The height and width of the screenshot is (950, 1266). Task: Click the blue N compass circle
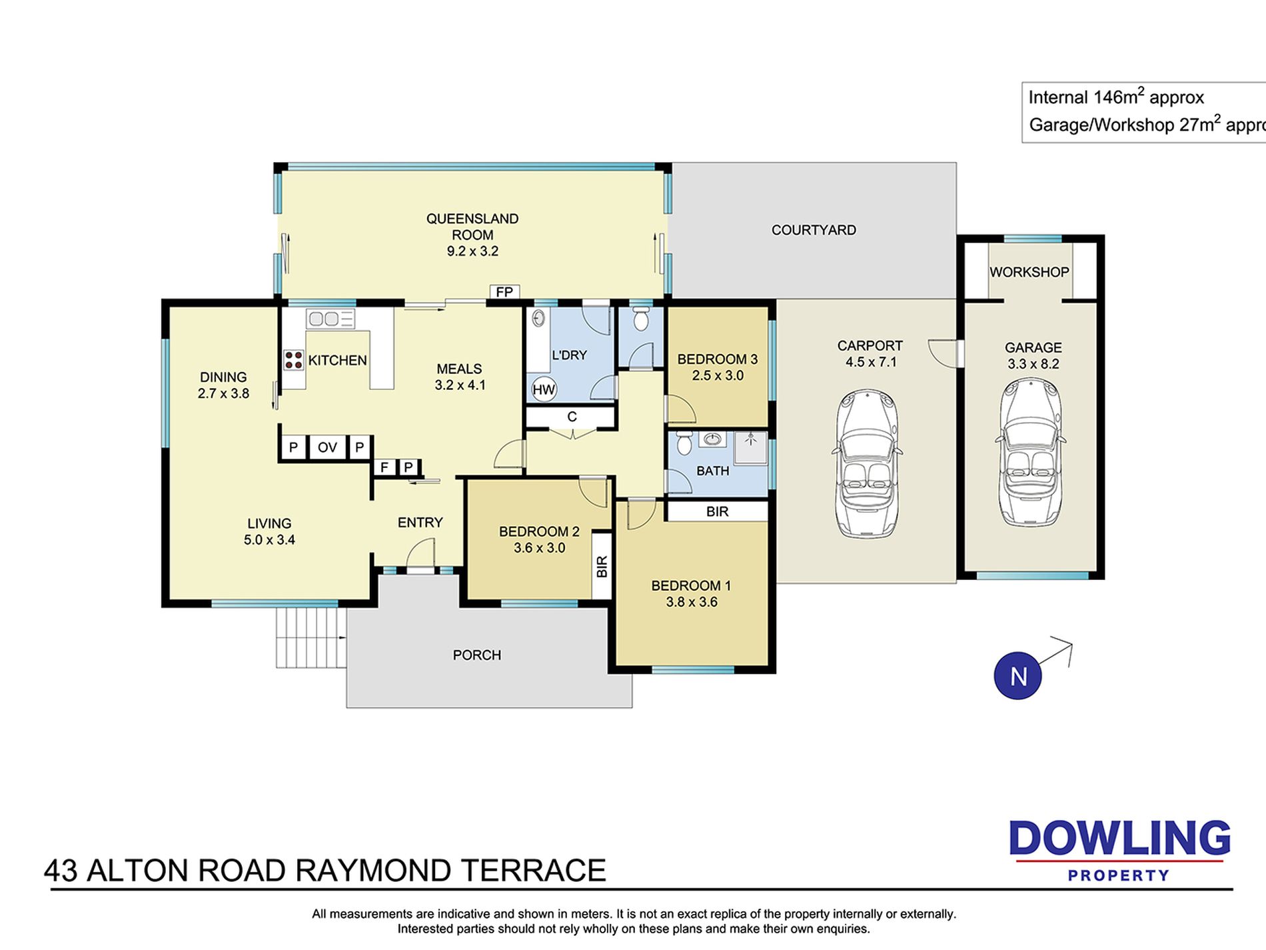[1017, 675]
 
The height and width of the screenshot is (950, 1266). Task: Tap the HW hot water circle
[544, 389]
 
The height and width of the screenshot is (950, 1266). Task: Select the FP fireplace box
[504, 292]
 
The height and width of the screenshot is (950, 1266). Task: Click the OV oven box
[327, 447]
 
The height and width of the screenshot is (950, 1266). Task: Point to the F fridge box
[384, 467]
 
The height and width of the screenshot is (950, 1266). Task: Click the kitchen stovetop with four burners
[294, 360]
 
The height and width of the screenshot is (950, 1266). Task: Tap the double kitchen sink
[330, 319]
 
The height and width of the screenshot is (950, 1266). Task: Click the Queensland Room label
[472, 227]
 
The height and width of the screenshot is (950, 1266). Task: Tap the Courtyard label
[814, 230]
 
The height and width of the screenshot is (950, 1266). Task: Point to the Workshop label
[1029, 272]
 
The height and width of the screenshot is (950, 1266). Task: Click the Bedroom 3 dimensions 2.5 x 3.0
[718, 375]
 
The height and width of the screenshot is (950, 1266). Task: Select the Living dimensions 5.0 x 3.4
[269, 540]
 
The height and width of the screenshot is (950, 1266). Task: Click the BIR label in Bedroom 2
[602, 566]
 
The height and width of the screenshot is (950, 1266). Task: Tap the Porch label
[476, 655]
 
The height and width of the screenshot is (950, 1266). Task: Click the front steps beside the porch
[311, 637]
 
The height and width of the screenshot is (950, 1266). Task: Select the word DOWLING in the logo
[1119, 838]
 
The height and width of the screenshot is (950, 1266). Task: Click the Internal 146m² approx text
[1116, 97]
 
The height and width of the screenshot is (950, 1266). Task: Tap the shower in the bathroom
[751, 447]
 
